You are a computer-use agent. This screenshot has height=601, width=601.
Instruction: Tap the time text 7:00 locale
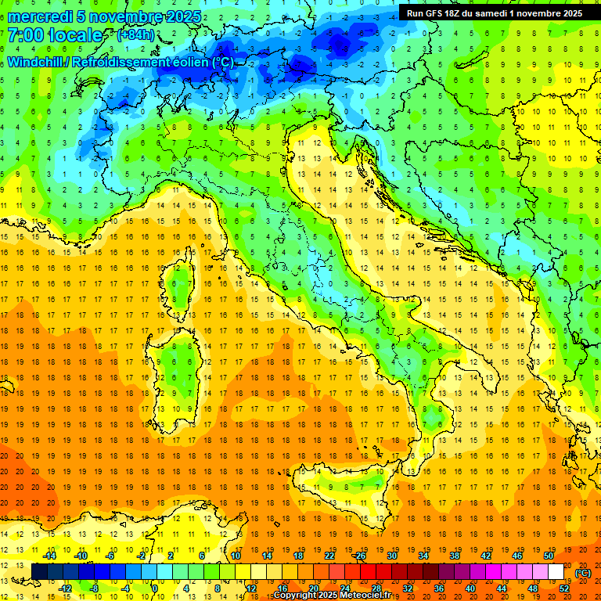(x=55, y=35)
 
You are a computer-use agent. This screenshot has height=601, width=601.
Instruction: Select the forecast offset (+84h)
(x=135, y=35)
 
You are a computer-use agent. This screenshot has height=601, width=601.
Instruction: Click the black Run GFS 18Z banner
(x=494, y=13)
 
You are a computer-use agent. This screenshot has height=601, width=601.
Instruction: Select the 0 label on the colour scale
(x=154, y=588)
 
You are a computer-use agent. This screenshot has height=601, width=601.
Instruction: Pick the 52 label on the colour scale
(x=564, y=588)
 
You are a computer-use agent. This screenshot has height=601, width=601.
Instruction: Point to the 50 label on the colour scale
(x=549, y=556)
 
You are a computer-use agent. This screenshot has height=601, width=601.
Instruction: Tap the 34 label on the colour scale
(x=423, y=556)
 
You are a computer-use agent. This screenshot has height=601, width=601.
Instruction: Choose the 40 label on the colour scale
(x=470, y=588)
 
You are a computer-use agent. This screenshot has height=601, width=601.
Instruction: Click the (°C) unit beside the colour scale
(x=582, y=572)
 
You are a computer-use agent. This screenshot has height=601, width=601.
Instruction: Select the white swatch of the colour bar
(x=556, y=572)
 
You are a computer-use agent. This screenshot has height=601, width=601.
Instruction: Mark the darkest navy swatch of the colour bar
(x=39, y=572)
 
